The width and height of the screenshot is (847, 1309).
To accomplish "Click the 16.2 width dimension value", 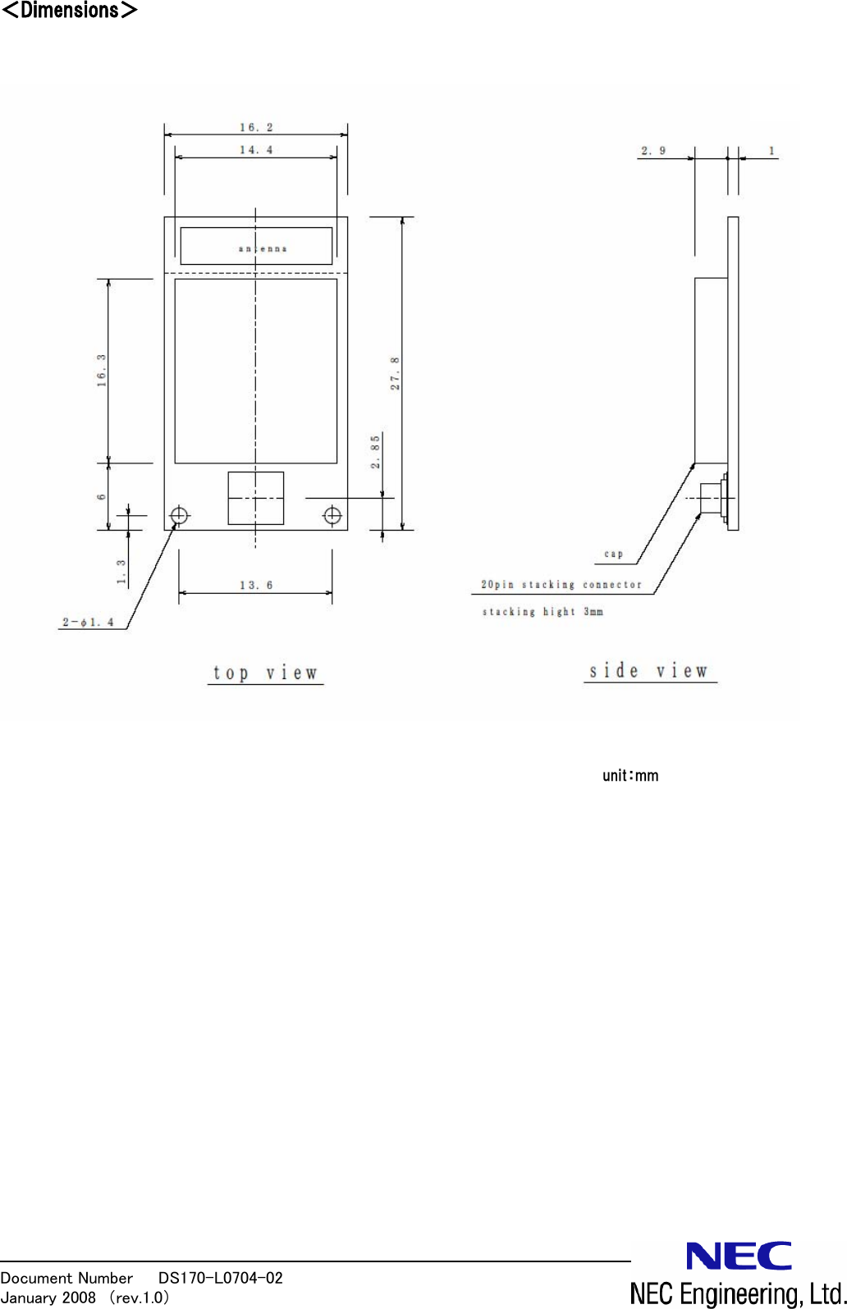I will [x=256, y=127].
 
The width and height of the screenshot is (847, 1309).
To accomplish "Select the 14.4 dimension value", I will [x=256, y=149].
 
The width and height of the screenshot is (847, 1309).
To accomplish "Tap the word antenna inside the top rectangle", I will [x=263, y=249].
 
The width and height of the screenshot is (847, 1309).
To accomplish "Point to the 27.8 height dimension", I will [x=395, y=373].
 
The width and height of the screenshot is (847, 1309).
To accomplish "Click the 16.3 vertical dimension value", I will [x=102, y=370].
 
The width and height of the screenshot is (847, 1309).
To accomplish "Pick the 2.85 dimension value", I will [x=375, y=452].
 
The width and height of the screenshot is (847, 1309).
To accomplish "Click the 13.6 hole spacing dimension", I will [x=256, y=585].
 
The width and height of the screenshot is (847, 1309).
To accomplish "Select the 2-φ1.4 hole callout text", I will [x=88, y=622].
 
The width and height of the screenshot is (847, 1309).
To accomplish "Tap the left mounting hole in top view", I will [x=179, y=516].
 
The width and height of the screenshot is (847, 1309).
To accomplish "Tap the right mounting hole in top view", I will [x=332, y=515].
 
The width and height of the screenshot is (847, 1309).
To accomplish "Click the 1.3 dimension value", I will [x=121, y=572].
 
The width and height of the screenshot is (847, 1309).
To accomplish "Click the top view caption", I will [x=265, y=673].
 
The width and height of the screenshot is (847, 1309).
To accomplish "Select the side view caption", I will [x=648, y=671].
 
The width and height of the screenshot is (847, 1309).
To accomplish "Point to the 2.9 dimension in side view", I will [x=653, y=151].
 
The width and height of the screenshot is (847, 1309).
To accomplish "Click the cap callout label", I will [x=613, y=554].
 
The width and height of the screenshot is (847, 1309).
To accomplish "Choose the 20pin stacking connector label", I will [x=561, y=584].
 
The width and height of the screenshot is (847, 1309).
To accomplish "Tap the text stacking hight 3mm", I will [x=543, y=611].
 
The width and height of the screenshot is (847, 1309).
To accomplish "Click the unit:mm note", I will [x=630, y=775].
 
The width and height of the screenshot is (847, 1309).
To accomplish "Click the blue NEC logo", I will [x=739, y=1256].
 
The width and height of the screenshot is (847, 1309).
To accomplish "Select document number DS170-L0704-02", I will [x=220, y=1277].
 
